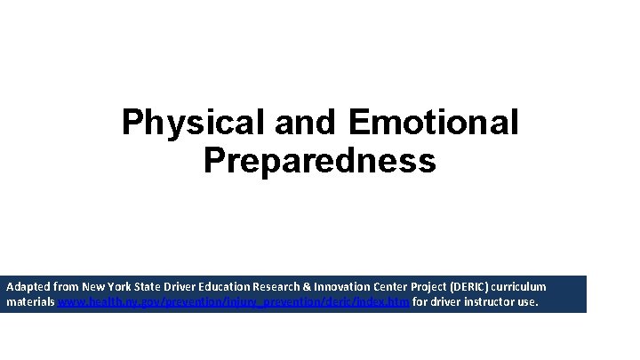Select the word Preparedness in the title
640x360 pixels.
(320, 161)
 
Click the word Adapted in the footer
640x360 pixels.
(28, 288)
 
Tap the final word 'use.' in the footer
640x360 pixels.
(526, 303)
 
